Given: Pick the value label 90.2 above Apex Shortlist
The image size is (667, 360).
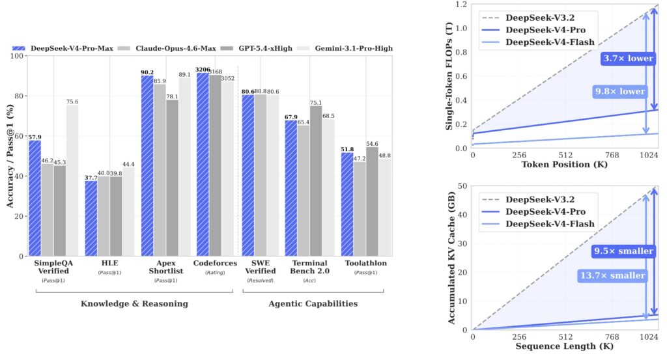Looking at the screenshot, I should [x=147, y=72].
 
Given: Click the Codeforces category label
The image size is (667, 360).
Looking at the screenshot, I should [x=216, y=263].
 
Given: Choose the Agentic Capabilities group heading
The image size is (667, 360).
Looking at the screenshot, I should [x=313, y=303].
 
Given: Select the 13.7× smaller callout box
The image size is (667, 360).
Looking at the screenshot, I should [x=612, y=275].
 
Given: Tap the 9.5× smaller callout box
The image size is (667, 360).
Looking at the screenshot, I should [x=623, y=251].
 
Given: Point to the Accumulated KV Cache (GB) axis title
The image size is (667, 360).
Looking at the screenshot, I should [x=451, y=258].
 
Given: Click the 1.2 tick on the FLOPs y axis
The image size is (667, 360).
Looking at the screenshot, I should [x=462, y=5].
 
